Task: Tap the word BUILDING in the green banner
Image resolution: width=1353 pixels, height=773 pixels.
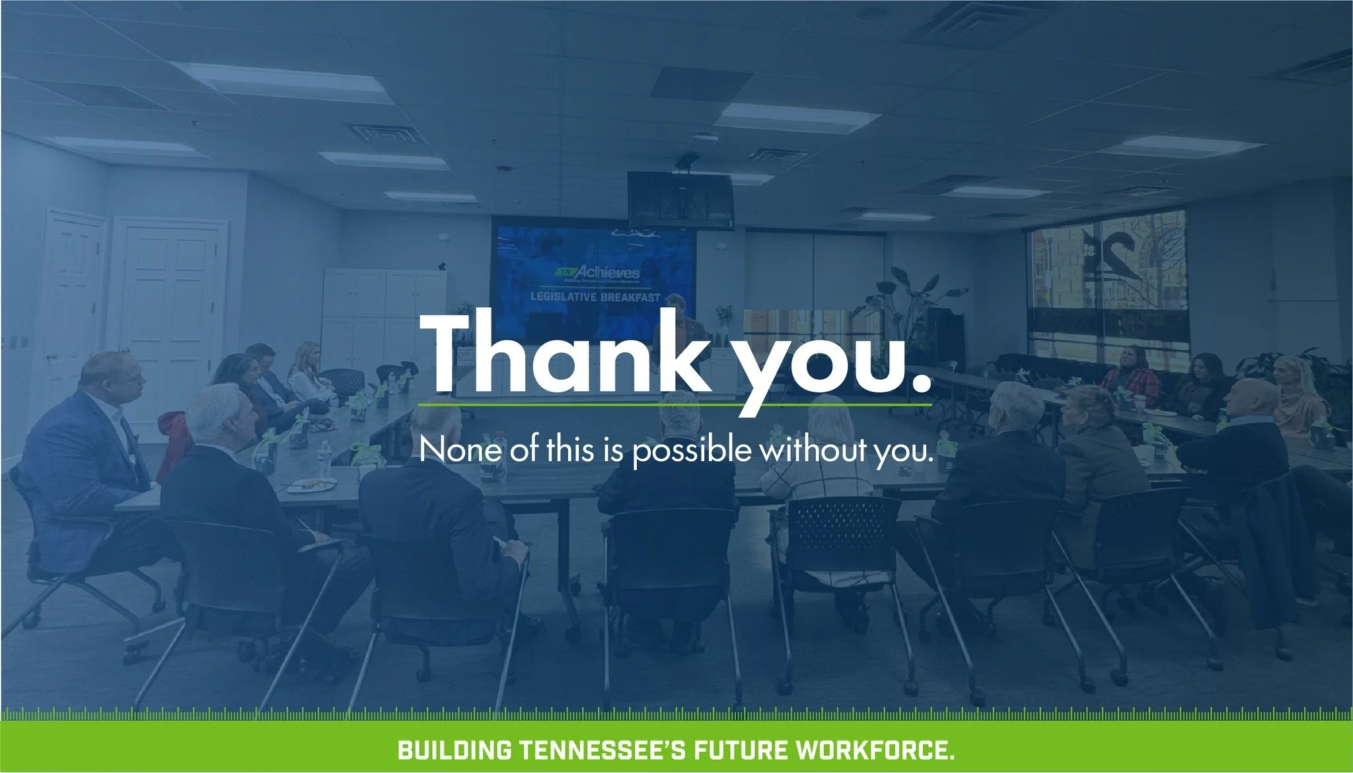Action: pyautogui.click(x=454, y=751)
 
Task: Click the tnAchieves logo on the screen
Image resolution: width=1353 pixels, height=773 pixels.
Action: pyautogui.click(x=599, y=273)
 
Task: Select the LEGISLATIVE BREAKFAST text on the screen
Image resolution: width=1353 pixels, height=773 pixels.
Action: pyautogui.click(x=595, y=297)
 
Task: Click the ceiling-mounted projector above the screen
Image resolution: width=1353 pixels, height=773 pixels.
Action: pyautogui.click(x=680, y=199)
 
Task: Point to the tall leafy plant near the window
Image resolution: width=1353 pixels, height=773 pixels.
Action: pyautogui.click(x=912, y=304)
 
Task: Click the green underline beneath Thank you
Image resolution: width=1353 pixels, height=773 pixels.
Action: pyautogui.click(x=674, y=404)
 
